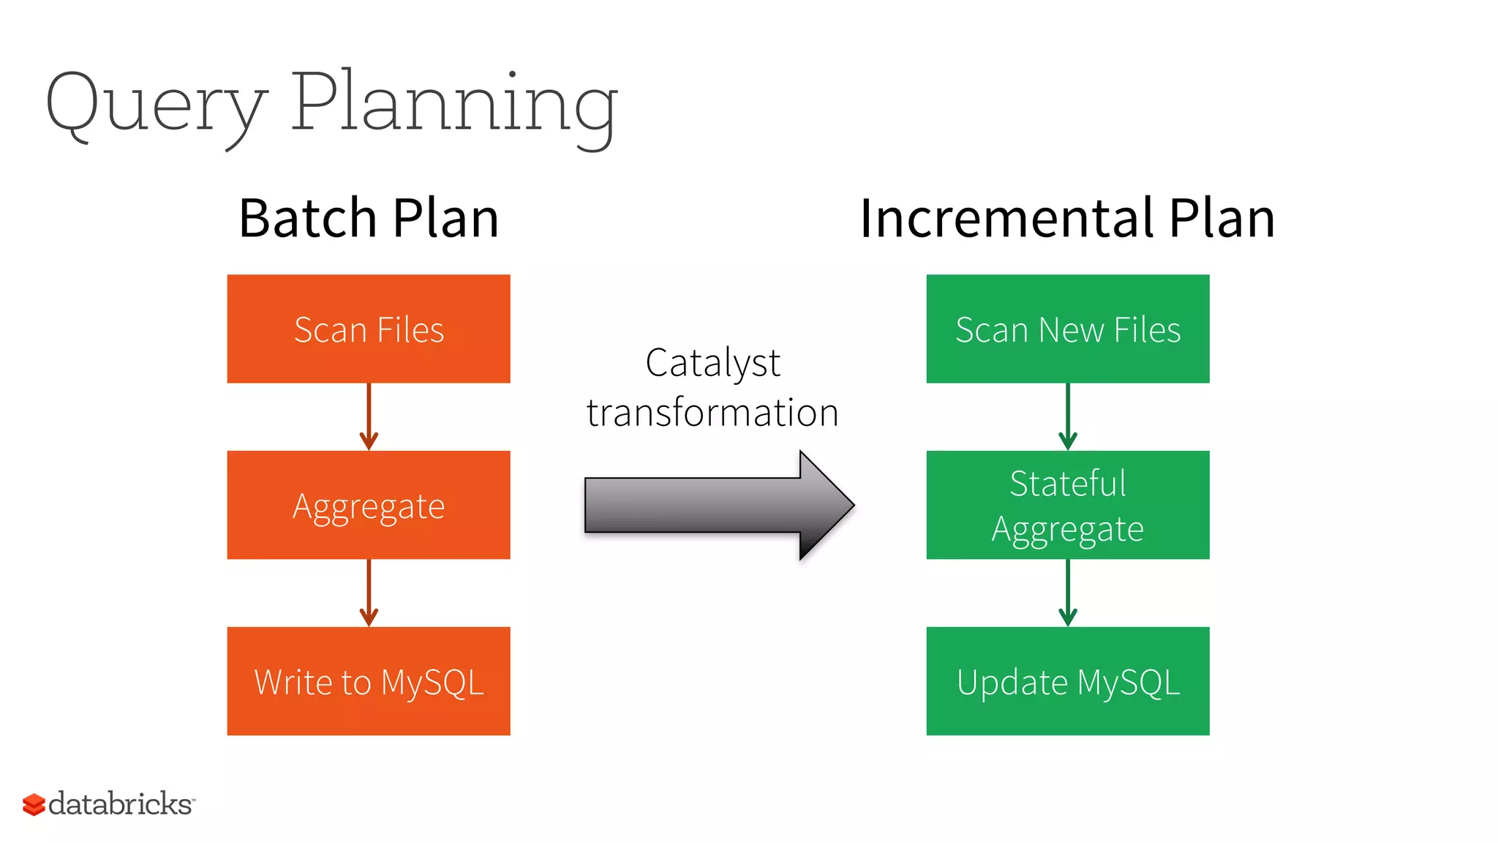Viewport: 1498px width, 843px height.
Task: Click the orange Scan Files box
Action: pos(369,329)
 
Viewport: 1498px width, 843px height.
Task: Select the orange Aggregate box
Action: pos(369,505)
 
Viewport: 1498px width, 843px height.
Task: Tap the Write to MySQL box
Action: pos(369,681)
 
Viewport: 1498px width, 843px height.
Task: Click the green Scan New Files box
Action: pos(1067,329)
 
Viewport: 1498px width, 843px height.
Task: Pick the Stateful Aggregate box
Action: pos(1067,505)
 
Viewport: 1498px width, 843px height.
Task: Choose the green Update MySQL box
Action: pos(1067,681)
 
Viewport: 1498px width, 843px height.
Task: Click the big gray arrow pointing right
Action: pos(717,505)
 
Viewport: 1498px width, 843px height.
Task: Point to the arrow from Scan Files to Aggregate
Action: pos(369,417)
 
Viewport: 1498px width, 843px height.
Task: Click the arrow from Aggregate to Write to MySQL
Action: pos(369,593)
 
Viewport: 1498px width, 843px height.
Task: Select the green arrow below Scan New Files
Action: pos(1067,417)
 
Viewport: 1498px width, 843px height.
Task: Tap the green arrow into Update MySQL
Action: pos(1067,593)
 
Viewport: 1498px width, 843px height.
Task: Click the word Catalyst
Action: pos(712,364)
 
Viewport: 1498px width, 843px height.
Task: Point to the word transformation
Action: pos(712,413)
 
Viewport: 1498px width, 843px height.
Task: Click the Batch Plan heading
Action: pos(369,219)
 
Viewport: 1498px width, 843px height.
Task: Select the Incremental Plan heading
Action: pos(1067,219)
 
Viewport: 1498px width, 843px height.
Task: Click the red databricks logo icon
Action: pos(34,804)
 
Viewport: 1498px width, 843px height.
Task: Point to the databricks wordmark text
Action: pos(121,803)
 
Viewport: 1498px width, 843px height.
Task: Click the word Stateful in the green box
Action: pos(1067,484)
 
